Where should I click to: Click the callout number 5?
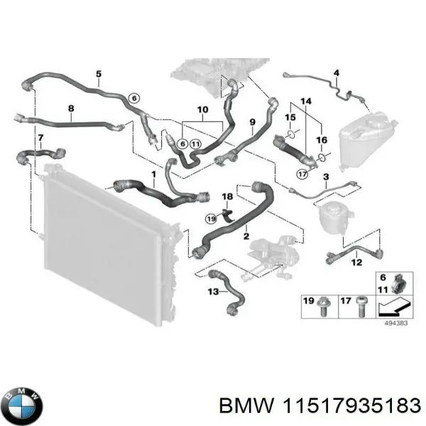pyautogui.click(x=99, y=74)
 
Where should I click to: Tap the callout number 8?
pyautogui.click(x=70, y=109)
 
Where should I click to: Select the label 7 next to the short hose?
pyautogui.click(x=40, y=137)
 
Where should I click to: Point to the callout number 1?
pyautogui.click(x=154, y=174)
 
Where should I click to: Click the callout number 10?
pyautogui.click(x=202, y=110)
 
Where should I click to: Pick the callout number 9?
pyautogui.click(x=251, y=123)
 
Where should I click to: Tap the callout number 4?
pyautogui.click(x=337, y=72)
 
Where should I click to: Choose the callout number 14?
pyautogui.click(x=306, y=103)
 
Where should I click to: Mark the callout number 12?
pyautogui.click(x=356, y=263)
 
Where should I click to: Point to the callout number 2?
pyautogui.click(x=245, y=235)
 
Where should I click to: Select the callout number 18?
pyautogui.click(x=227, y=196)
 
